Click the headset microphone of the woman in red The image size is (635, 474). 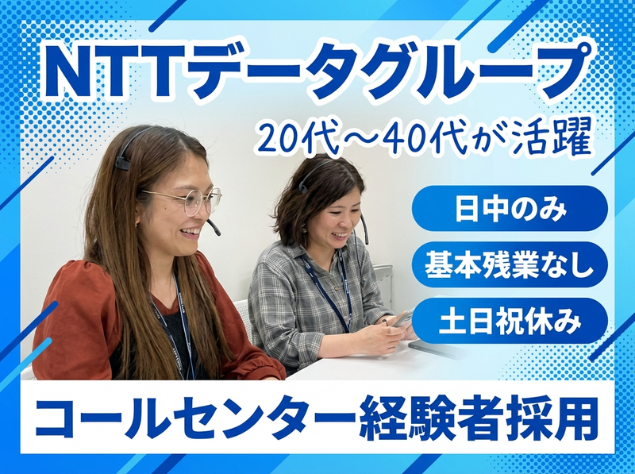point(214,228)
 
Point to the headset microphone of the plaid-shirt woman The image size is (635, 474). point(365,237)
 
